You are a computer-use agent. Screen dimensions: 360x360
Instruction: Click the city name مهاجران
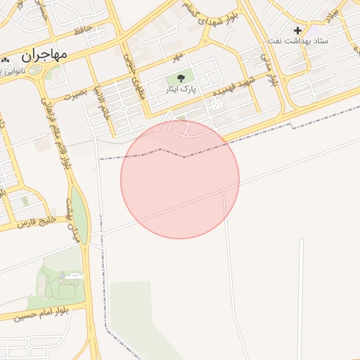point(44,54)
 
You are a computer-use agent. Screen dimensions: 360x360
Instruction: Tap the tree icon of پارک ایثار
point(181,78)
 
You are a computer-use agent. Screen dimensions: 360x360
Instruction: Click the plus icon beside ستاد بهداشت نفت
point(297,30)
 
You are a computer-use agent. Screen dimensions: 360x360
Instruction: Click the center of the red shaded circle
point(180,179)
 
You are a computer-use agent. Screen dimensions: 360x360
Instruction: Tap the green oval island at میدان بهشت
point(80,213)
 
